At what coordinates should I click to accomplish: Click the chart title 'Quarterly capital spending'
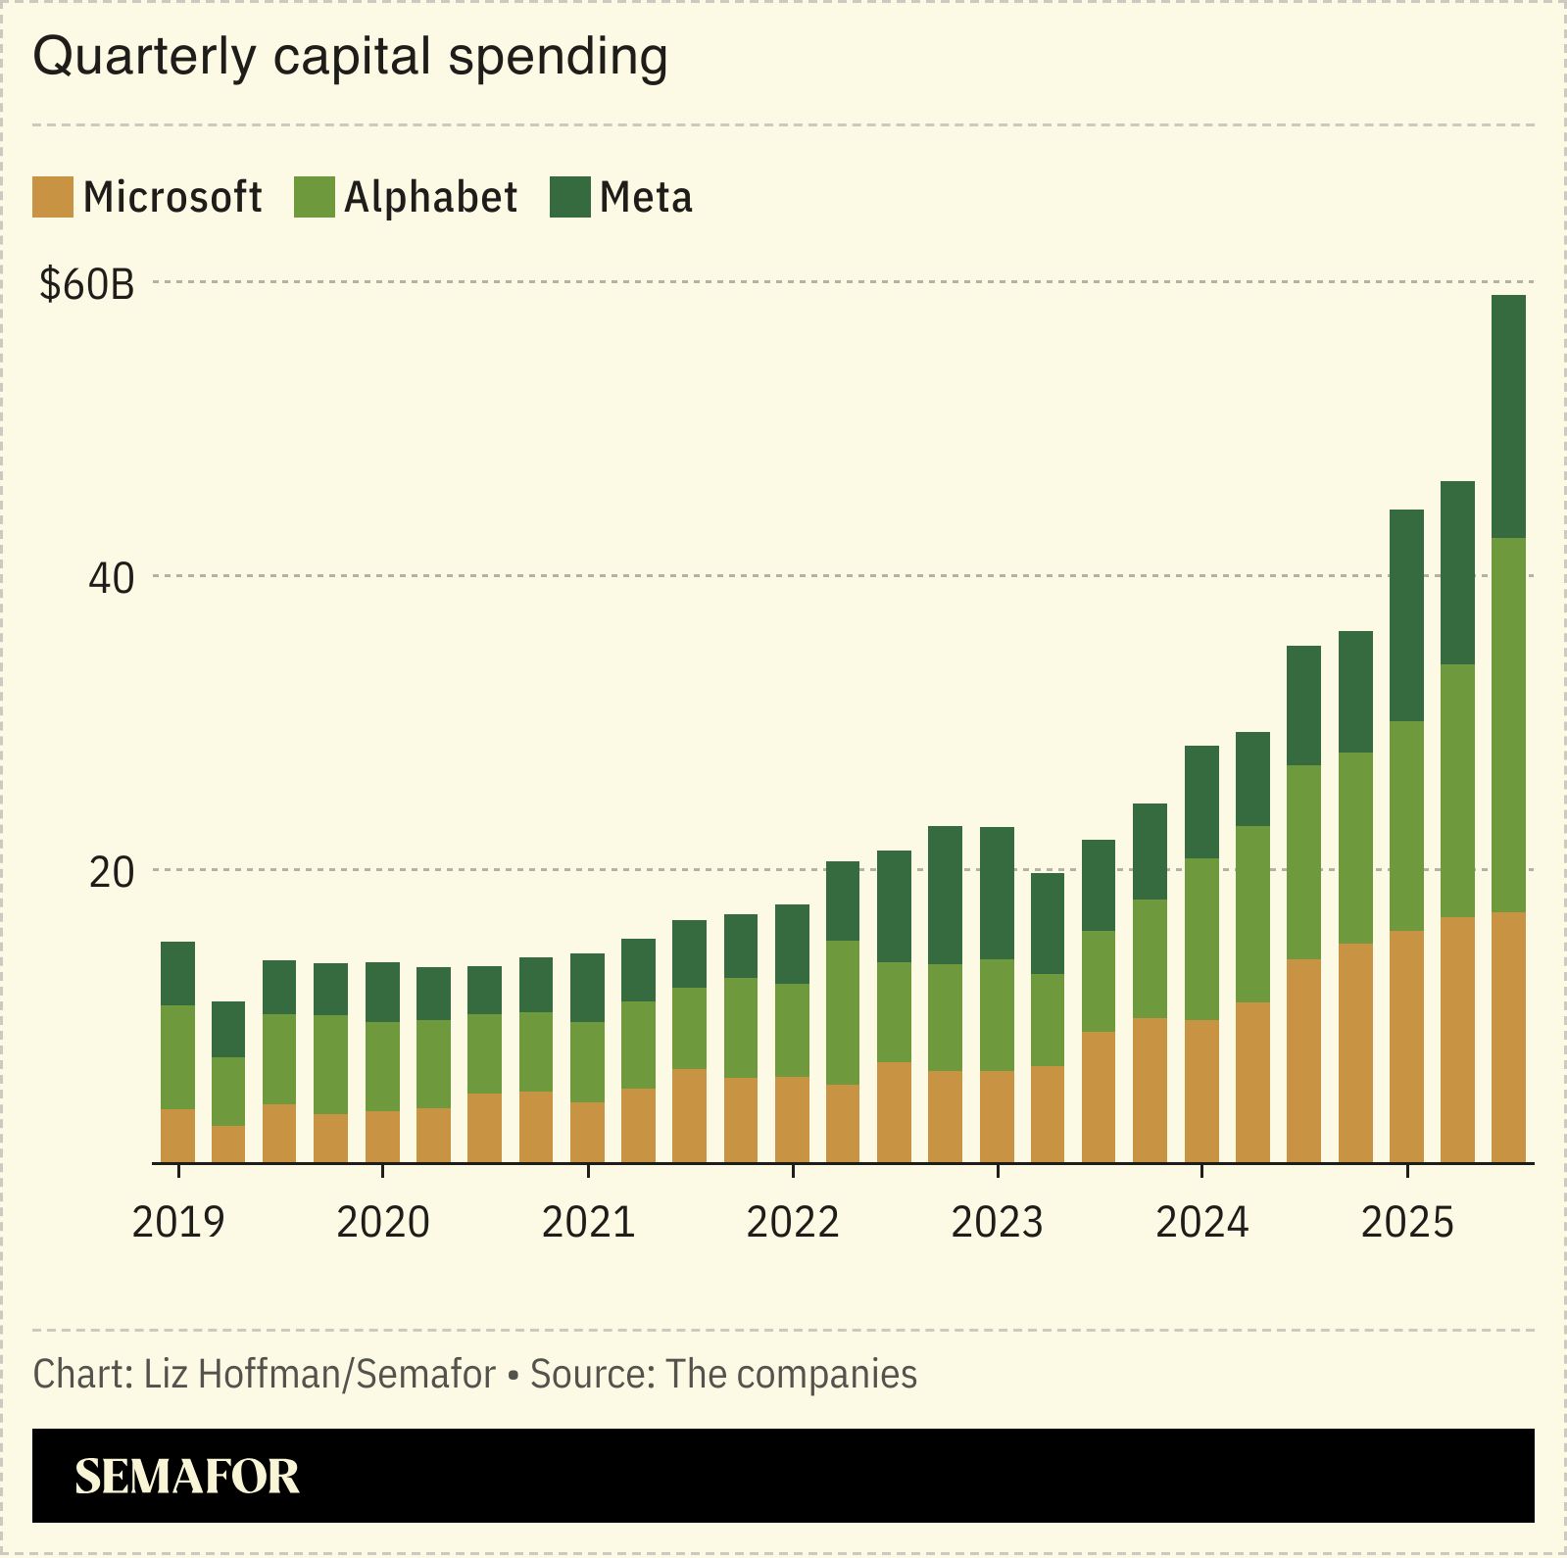pos(350,57)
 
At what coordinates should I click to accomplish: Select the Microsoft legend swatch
pos(52,197)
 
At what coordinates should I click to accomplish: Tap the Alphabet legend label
pos(430,197)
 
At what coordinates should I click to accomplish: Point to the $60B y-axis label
pos(86,284)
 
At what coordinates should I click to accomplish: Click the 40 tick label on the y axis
pos(111,578)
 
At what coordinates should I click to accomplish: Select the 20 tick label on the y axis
pos(111,871)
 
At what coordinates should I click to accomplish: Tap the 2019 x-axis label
pos(178,1223)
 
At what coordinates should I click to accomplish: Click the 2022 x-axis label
pos(793,1223)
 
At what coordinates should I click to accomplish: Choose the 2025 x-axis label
pos(1407,1223)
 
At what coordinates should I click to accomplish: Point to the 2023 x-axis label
pos(998,1223)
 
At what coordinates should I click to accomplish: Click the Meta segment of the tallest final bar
pos(1508,416)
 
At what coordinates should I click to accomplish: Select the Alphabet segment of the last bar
pos(1508,725)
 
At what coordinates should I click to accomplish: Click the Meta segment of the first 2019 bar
pos(177,973)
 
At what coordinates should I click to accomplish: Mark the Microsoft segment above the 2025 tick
pos(1406,1047)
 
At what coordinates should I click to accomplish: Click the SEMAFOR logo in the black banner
pos(186,1476)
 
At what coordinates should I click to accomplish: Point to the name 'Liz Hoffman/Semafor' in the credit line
pos(319,1375)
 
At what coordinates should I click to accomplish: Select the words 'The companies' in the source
pos(791,1375)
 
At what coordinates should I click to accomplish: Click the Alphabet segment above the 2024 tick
pos(1201,939)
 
